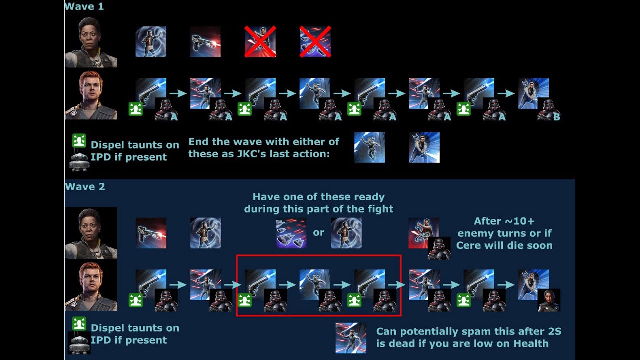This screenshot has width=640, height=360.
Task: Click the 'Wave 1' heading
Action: pyautogui.click(x=84, y=7)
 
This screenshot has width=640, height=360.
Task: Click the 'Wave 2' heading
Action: pyautogui.click(x=84, y=187)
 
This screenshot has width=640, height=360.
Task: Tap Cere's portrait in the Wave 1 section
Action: pyautogui.click(x=91, y=42)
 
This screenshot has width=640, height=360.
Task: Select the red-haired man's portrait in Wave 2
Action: pyautogui.click(x=91, y=287)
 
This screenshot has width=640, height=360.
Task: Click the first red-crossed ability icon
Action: pyautogui.click(x=260, y=42)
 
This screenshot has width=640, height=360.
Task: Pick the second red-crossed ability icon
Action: pyautogui.click(x=315, y=42)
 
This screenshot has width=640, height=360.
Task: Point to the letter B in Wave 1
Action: pyautogui.click(x=556, y=117)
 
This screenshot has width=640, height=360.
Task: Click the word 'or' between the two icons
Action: pyautogui.click(x=318, y=232)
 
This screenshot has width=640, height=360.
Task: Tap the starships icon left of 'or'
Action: pyautogui.click(x=291, y=233)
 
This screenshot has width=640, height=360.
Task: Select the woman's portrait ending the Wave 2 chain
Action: pyautogui.click(x=549, y=300)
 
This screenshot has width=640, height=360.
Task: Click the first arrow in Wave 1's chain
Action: pyautogui.click(x=178, y=93)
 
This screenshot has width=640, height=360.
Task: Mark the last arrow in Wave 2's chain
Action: pyautogui.click(x=506, y=285)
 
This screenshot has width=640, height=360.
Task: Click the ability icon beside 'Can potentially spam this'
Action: pyautogui.click(x=351, y=337)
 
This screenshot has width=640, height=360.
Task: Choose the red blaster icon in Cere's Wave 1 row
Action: pyautogui.click(x=205, y=42)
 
